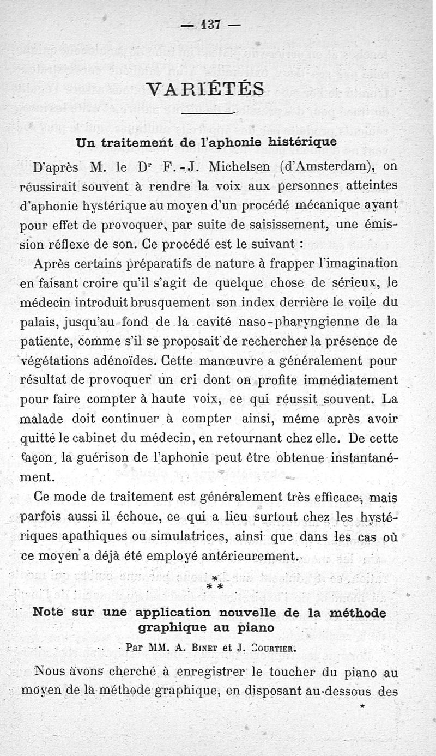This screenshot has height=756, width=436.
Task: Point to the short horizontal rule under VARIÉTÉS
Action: [206, 113]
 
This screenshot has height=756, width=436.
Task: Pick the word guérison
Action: [110, 458]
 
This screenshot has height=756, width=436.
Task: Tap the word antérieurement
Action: [256, 556]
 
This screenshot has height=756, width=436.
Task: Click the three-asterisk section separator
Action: [215, 583]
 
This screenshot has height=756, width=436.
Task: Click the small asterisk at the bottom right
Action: [362, 707]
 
